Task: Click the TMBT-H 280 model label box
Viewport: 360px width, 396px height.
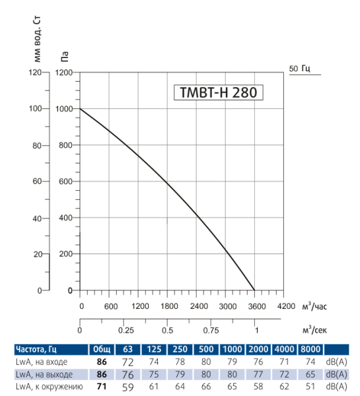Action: pyautogui.click(x=218, y=92)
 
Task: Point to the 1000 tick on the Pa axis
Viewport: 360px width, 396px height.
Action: pyautogui.click(x=65, y=109)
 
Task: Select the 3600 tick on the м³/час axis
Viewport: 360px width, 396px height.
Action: pyautogui.click(x=256, y=306)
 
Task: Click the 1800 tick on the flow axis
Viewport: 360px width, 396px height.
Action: pyautogui.click(x=168, y=306)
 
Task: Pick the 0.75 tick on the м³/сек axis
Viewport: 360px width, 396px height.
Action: pyautogui.click(x=211, y=331)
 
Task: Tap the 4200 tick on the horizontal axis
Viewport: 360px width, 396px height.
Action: pyautogui.click(x=285, y=306)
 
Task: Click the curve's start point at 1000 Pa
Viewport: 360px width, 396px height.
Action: pyautogui.click(x=80, y=109)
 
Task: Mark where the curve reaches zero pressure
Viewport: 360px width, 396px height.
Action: pyautogui.click(x=256, y=290)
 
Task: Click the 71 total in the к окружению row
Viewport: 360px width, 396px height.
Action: pyautogui.click(x=102, y=385)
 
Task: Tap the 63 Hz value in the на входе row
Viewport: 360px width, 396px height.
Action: pyautogui.click(x=128, y=362)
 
